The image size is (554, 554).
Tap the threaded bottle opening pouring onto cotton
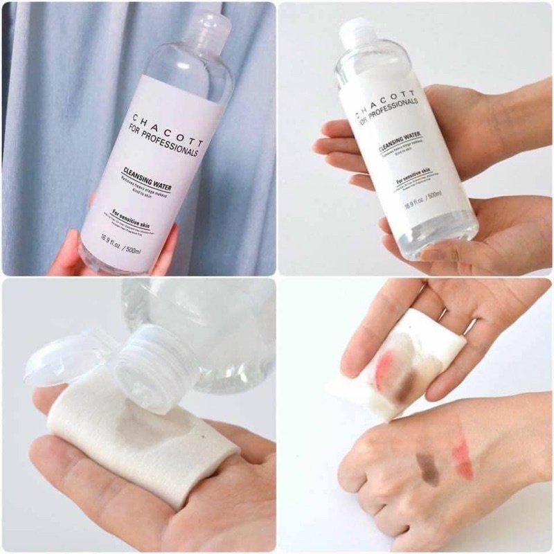(148, 374)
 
